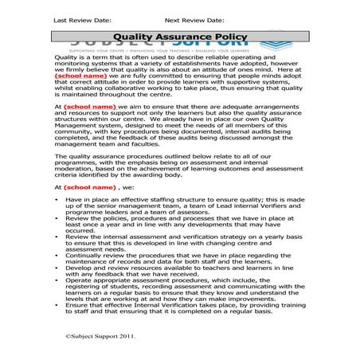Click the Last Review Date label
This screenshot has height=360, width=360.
[x=82, y=17]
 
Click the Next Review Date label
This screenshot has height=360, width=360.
[x=194, y=17]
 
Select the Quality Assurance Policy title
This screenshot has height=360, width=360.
[x=179, y=37]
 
